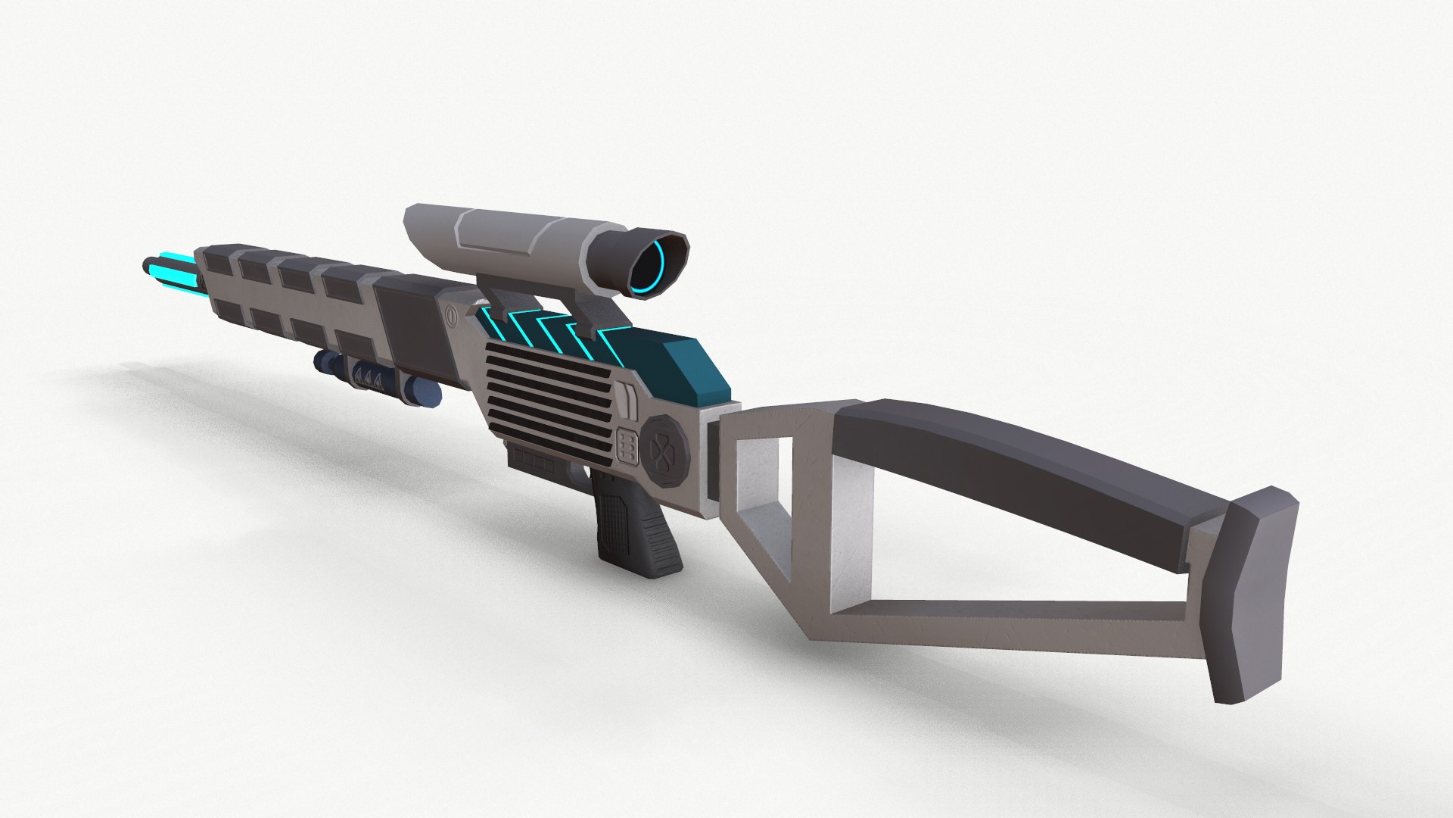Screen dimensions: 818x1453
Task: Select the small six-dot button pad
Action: coord(627,446)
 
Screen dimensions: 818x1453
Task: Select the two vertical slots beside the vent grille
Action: coord(627,400)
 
